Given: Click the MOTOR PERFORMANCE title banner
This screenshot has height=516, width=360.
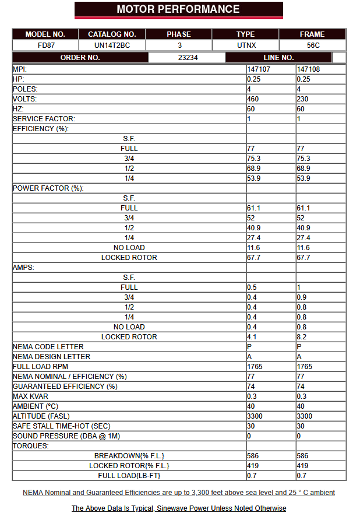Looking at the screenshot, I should click(x=178, y=9).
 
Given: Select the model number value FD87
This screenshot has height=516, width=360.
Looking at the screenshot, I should click(x=45, y=45).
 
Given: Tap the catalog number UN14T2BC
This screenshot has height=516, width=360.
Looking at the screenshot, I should click(x=111, y=45).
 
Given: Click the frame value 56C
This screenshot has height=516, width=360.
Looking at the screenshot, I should click(x=312, y=45).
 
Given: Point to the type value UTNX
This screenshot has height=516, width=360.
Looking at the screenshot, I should click(x=245, y=45).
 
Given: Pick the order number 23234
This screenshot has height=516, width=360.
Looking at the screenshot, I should click(x=187, y=58).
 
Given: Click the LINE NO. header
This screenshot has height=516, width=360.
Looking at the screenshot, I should click(x=278, y=58).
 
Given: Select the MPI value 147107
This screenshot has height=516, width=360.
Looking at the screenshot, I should click(x=258, y=69).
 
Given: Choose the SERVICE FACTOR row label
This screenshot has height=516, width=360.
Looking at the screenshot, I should click(x=44, y=119).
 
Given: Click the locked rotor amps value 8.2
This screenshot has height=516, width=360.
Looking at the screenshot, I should click(x=301, y=337).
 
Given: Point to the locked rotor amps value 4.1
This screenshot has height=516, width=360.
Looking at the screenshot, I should click(x=252, y=337).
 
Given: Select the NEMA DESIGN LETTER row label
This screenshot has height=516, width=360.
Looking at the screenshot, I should click(x=51, y=357).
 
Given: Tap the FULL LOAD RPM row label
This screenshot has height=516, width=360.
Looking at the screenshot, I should click(x=40, y=367).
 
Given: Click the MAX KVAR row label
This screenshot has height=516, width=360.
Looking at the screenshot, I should click(x=32, y=396).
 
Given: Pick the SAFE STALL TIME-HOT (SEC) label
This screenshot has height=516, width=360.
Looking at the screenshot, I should click(x=61, y=426).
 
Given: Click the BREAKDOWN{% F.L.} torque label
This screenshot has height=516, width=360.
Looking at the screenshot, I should click(x=129, y=456).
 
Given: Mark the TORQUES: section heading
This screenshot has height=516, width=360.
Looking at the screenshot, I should click(x=31, y=446).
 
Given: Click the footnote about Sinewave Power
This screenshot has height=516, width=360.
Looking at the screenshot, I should click(x=179, y=508).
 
